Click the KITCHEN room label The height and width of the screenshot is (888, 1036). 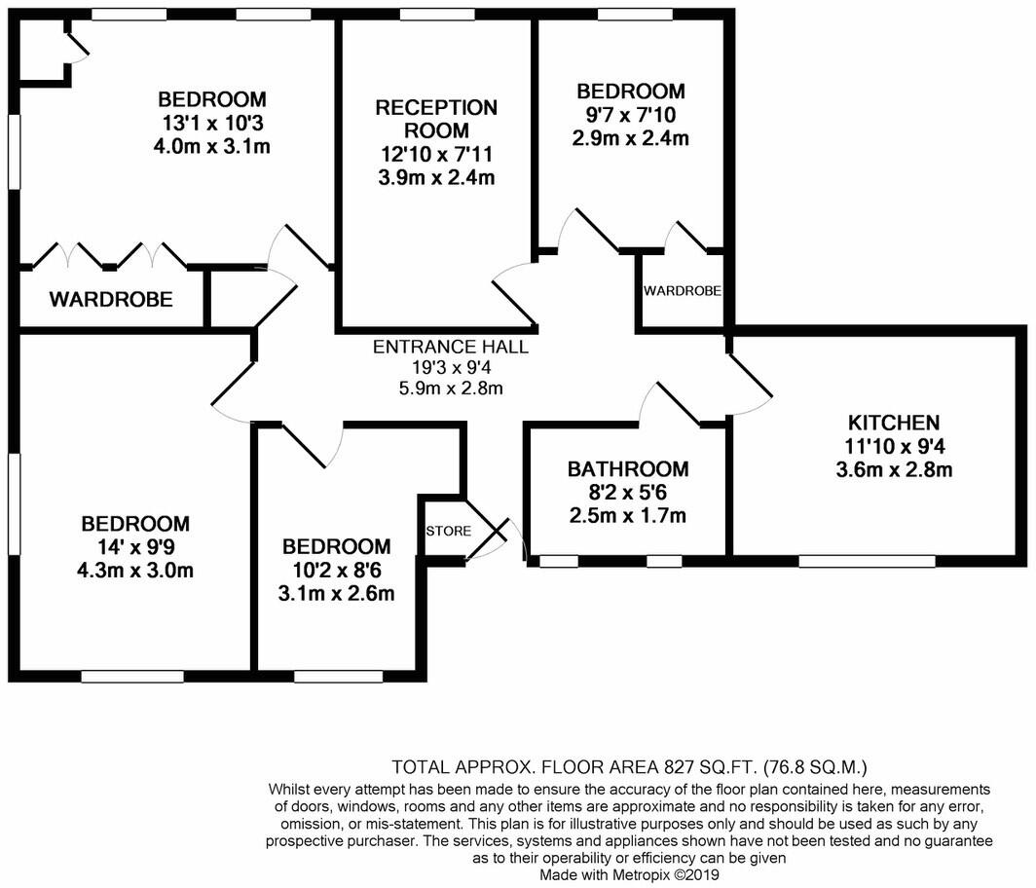pyautogui.click(x=893, y=423)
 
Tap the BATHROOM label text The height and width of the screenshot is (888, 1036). pyautogui.click(x=628, y=469)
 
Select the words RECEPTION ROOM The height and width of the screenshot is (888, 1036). pyautogui.click(x=436, y=119)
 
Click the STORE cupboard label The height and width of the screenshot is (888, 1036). pyautogui.click(x=449, y=532)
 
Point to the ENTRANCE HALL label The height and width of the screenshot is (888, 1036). pyautogui.click(x=451, y=347)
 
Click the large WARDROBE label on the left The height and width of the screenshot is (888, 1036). pyautogui.click(x=111, y=299)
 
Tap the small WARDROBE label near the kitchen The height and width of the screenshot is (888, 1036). pyautogui.click(x=683, y=291)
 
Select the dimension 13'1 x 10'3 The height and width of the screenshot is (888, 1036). pyautogui.click(x=211, y=123)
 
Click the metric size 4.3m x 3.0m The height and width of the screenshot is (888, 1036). pyautogui.click(x=135, y=571)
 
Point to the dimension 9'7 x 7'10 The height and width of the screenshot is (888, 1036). pyautogui.click(x=631, y=115)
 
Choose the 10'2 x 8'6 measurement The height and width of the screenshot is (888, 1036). pyautogui.click(x=336, y=570)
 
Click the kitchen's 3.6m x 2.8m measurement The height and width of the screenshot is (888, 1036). pyautogui.click(x=894, y=469)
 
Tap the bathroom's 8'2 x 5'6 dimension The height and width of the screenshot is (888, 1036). pyautogui.click(x=628, y=493)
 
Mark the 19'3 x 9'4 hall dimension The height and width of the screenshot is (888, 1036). pyautogui.click(x=451, y=367)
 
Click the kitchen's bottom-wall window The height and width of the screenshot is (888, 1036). pyautogui.click(x=867, y=562)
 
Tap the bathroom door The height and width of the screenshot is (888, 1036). pyautogui.click(x=678, y=403)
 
